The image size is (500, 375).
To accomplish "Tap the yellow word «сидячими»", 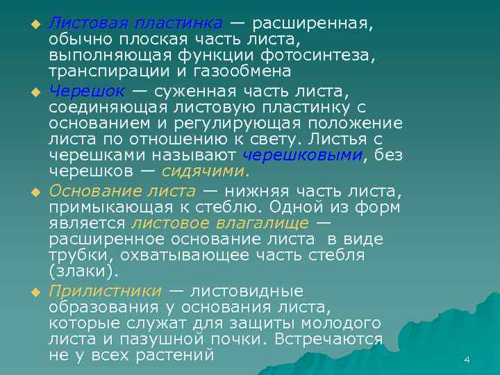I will point(205,172).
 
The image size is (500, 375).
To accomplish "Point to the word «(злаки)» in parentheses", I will point(84,272).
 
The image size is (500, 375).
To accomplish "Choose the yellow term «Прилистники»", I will point(105,290).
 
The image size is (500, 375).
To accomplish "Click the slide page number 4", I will point(467,360).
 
